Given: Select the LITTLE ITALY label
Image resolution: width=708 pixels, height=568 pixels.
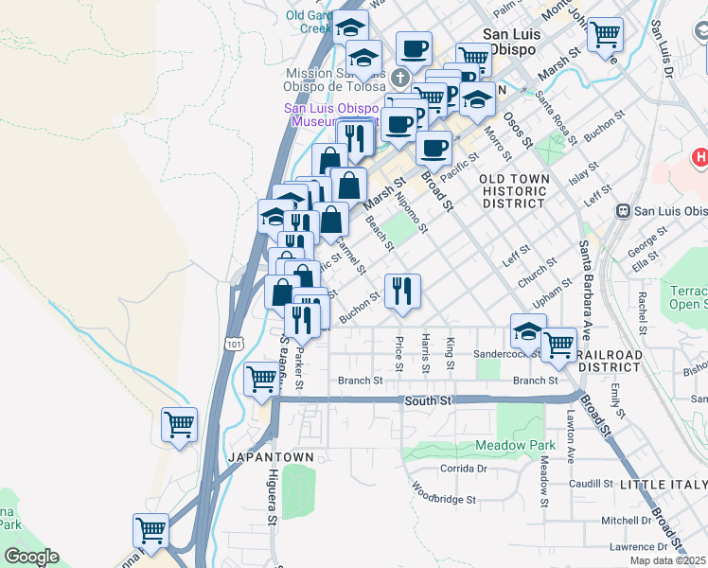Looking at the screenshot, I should point(663,485).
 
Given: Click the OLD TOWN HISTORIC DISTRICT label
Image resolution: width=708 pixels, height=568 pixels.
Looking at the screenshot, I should point(513,190).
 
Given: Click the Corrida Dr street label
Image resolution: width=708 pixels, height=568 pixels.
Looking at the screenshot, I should point(463,469).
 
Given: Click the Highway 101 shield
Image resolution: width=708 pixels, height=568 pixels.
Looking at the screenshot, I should point(234,346).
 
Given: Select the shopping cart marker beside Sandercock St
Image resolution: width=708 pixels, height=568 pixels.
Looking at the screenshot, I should point(558,345).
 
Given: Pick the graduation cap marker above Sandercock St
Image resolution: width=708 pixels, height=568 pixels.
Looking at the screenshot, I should point(528,331).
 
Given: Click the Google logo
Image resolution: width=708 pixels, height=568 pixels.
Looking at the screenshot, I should point(31,557).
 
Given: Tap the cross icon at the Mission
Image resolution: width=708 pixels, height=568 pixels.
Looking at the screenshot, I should point(400,77).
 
